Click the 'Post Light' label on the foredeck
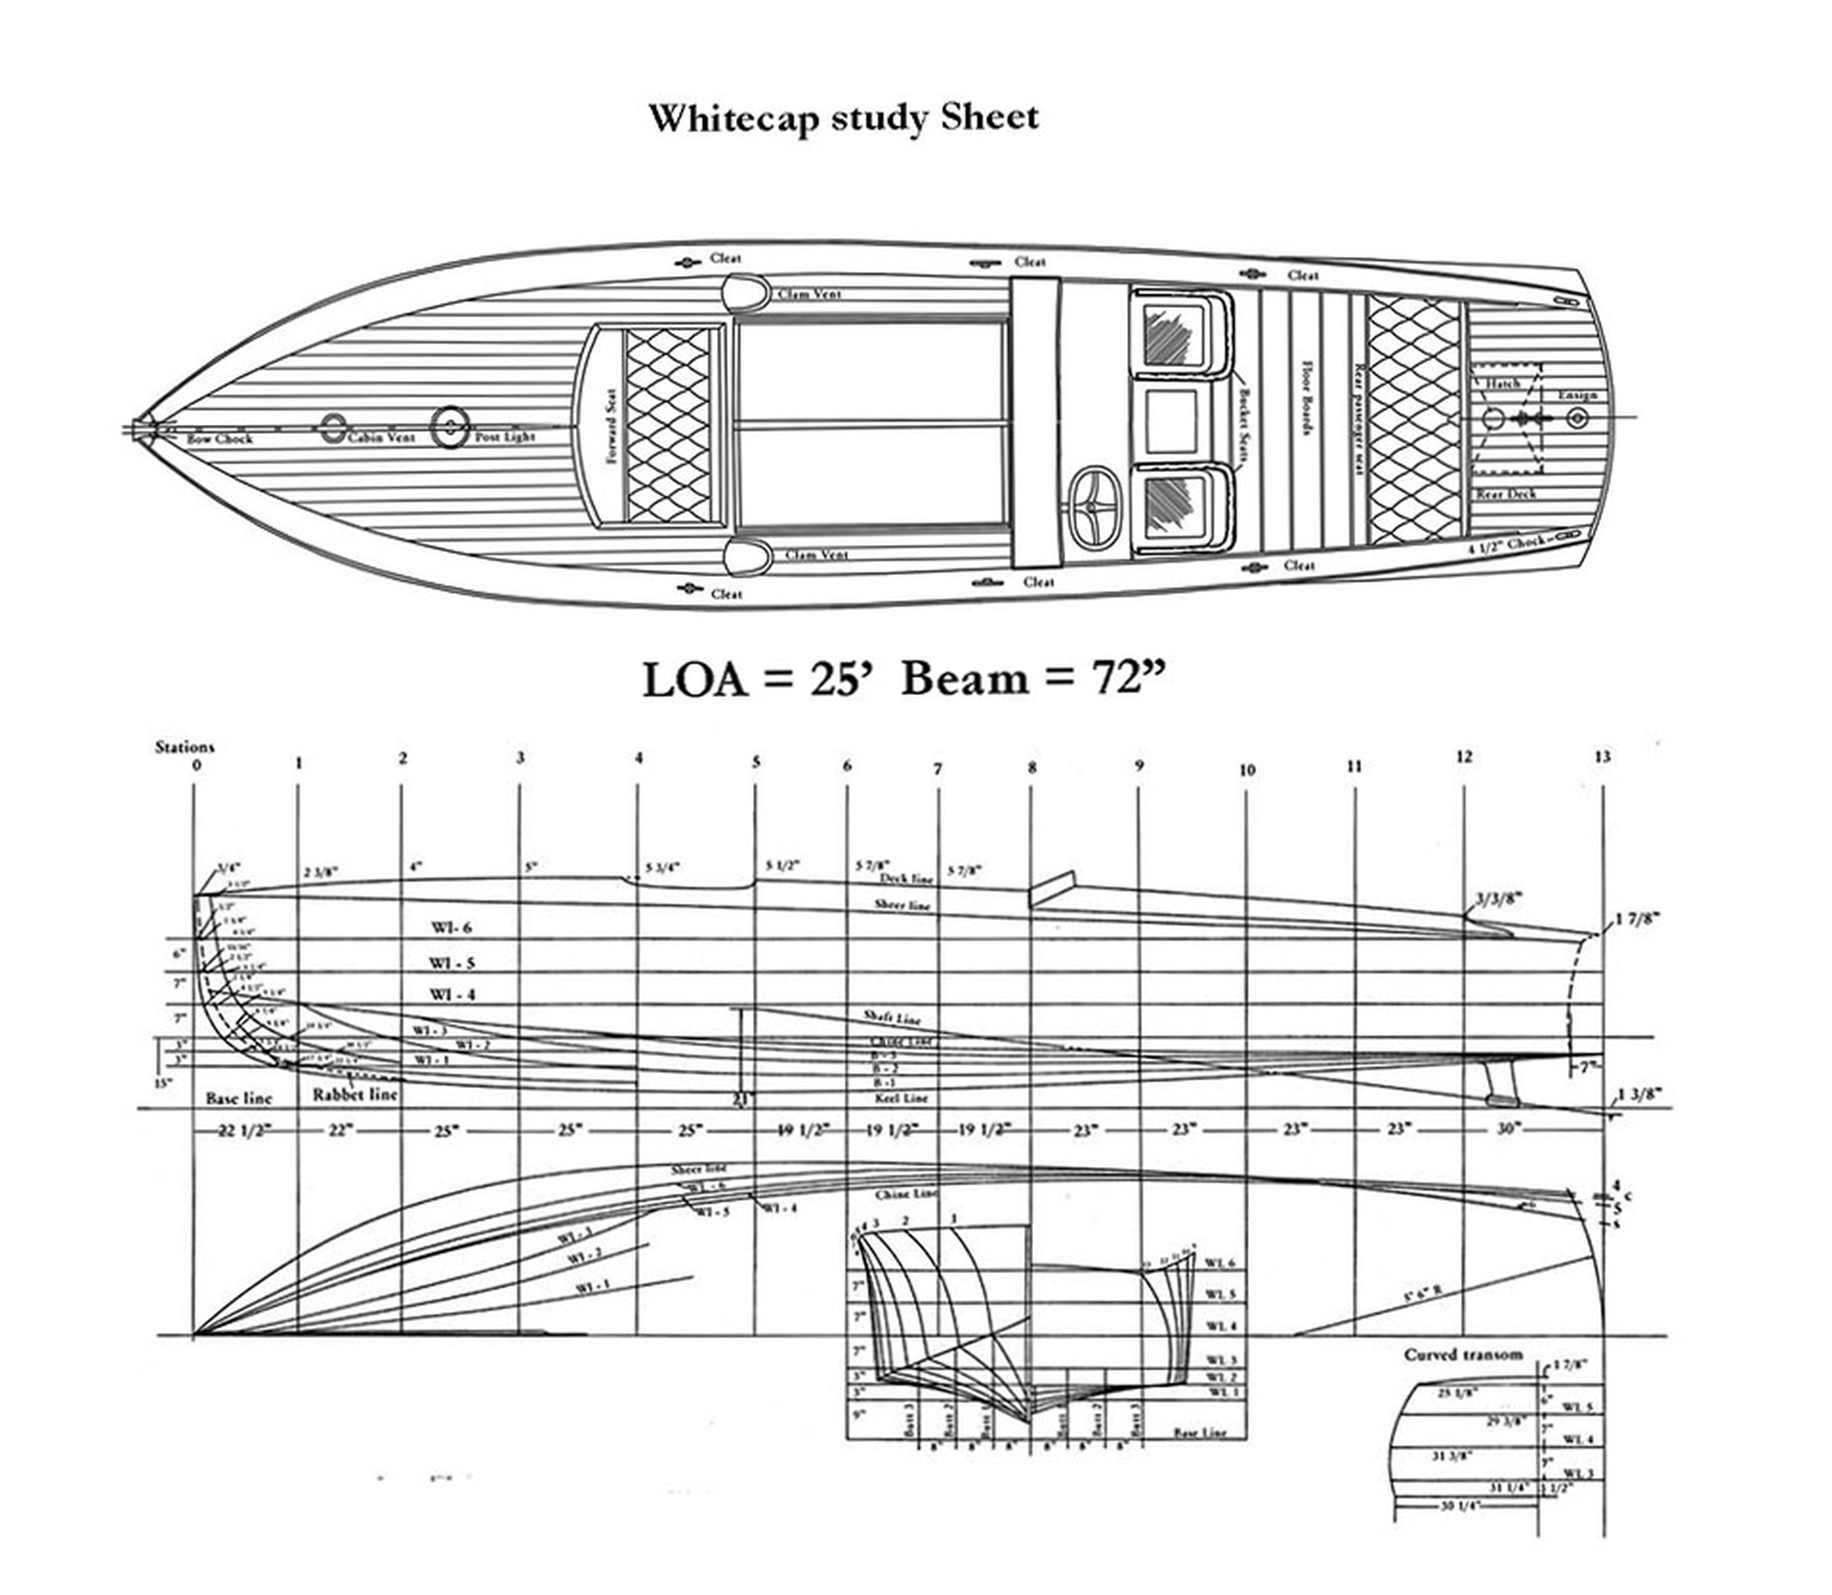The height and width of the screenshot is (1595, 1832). click(505, 437)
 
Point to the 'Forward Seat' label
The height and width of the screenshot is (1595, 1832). click(611, 425)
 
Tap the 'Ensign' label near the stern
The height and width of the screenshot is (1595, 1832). click(1576, 394)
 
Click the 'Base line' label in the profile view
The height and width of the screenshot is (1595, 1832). click(239, 1098)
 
